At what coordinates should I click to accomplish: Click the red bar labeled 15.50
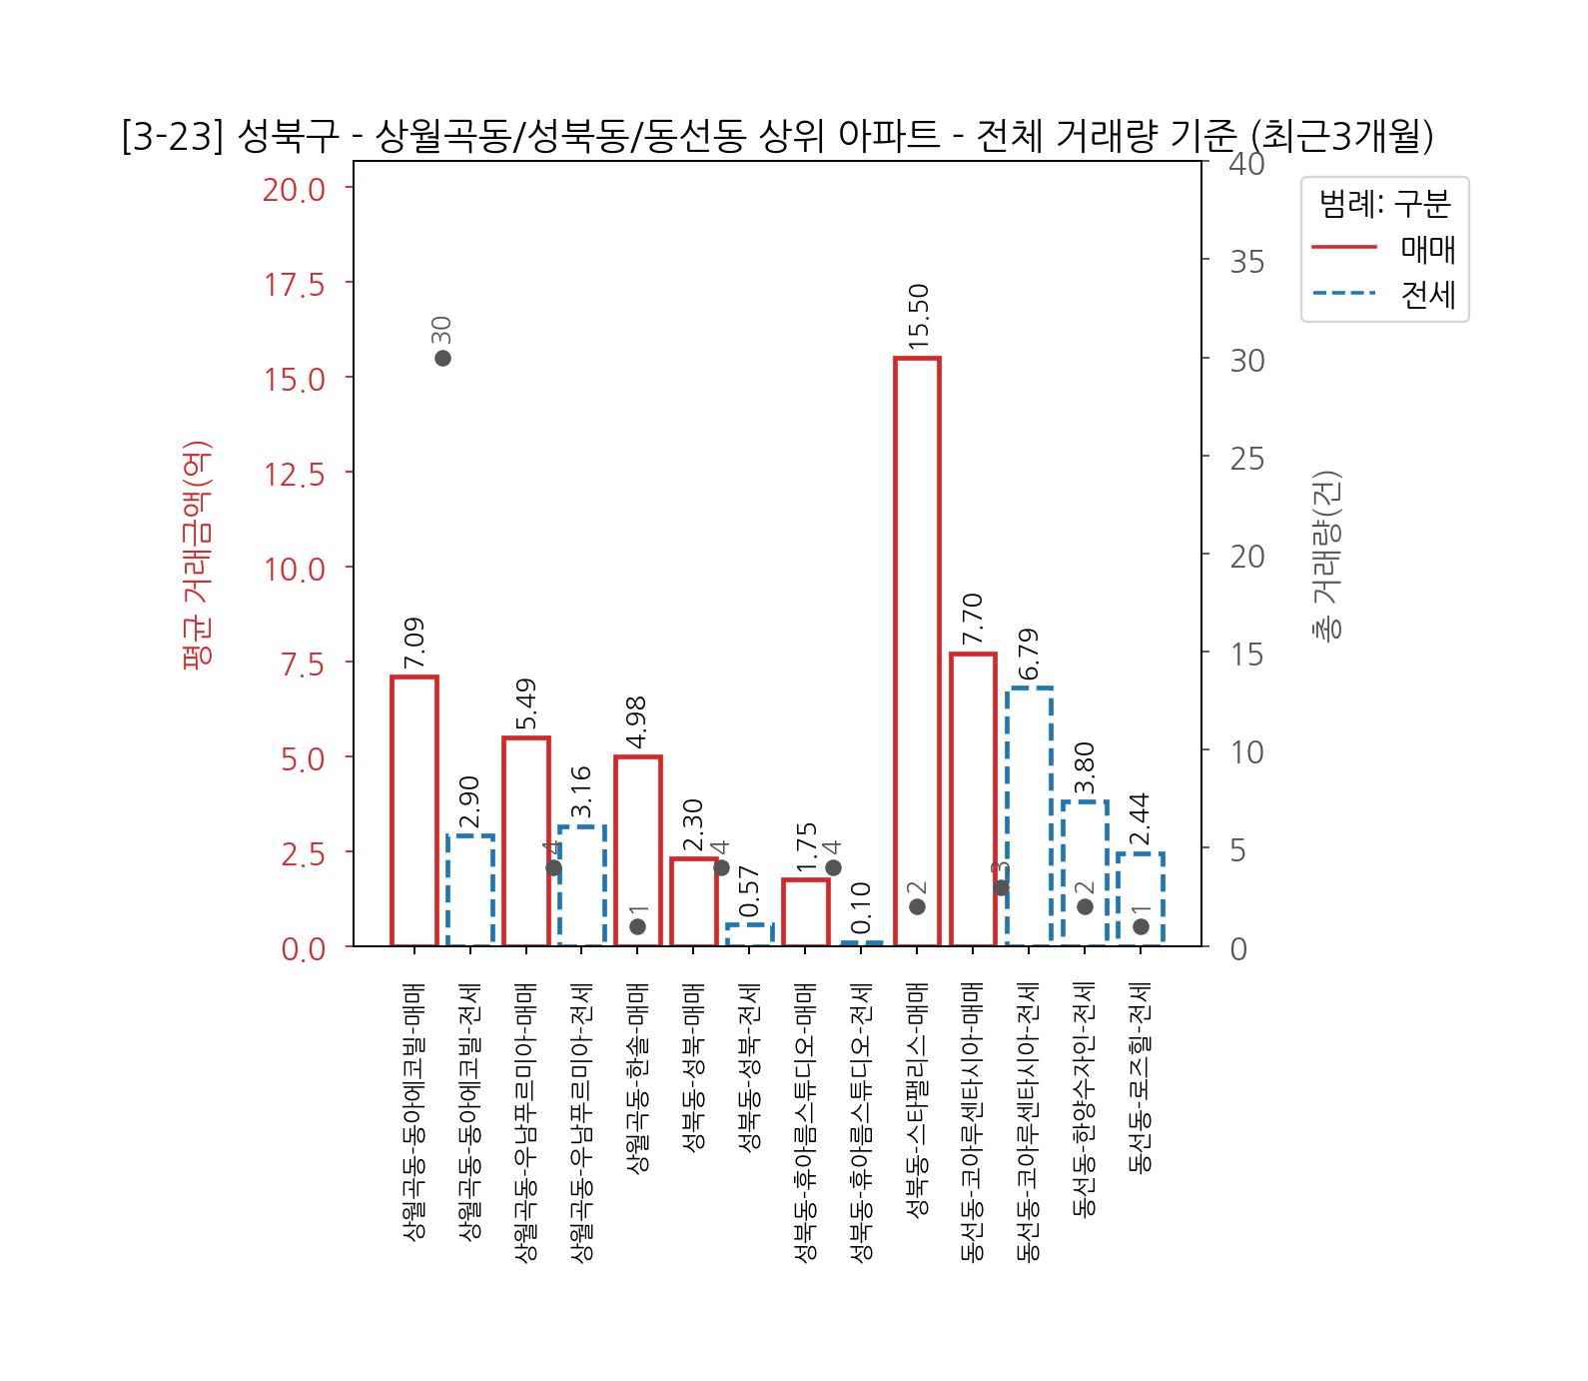tap(917, 650)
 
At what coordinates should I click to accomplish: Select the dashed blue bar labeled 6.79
tap(1029, 815)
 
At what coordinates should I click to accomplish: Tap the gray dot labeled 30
tap(442, 359)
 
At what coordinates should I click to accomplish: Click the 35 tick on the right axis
tap(1246, 262)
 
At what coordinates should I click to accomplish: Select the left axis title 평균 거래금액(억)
tap(196, 554)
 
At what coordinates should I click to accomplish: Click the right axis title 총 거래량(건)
tap(1326, 555)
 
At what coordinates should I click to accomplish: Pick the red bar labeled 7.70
tap(973, 798)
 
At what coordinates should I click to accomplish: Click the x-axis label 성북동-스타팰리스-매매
tap(917, 1109)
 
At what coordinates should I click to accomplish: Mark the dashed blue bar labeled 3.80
tap(1085, 872)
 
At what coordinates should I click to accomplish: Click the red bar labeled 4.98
tap(637, 850)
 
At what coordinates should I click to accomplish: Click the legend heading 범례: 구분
tap(1384, 205)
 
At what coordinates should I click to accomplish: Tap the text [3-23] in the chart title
tap(170, 138)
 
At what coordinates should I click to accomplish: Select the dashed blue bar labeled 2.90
tap(469, 889)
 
